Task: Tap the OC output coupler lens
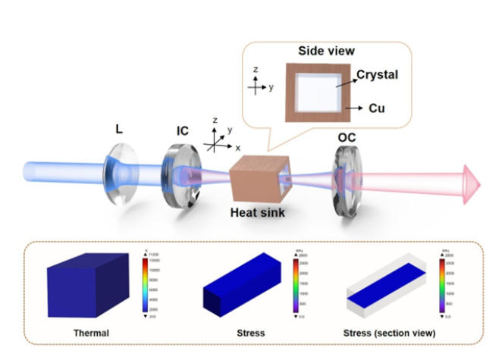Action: click(346, 183)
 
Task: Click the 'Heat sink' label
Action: click(258, 214)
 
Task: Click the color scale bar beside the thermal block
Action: click(146, 284)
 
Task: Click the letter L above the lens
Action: click(119, 130)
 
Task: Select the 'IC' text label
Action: click(182, 131)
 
